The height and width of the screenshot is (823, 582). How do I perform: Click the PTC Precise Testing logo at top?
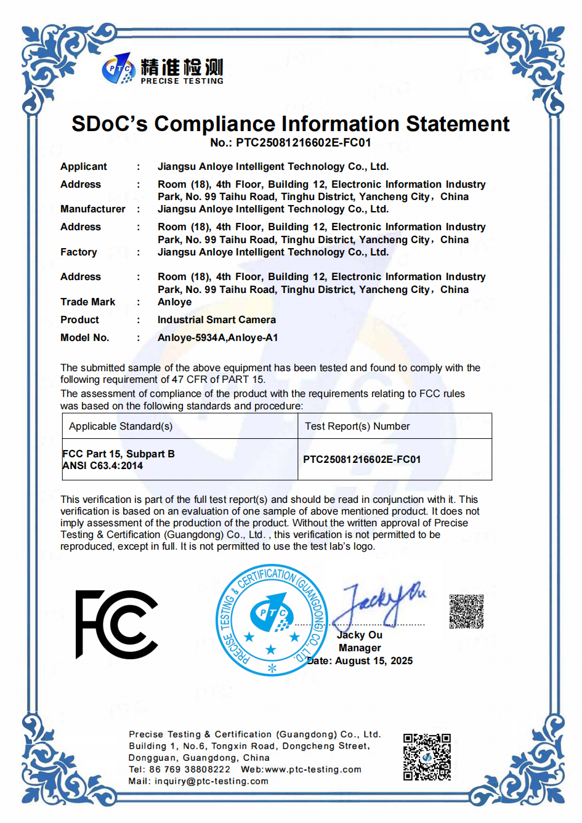coord(163,70)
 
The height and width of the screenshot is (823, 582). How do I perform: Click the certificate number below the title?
coord(290,143)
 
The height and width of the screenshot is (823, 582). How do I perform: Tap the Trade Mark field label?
coord(87,302)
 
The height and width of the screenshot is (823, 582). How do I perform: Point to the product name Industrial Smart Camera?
coord(216,319)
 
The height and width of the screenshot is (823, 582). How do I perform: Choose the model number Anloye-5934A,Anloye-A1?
coord(217,337)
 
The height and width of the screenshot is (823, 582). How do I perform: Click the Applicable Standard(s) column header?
coord(121,426)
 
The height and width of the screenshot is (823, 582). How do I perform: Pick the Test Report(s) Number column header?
coord(357,426)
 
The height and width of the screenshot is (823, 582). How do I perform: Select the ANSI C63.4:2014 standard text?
coord(103,466)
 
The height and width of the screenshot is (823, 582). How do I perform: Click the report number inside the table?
coord(362,459)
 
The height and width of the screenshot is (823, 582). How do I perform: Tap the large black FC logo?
coord(117,624)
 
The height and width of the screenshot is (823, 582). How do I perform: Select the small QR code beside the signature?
coord(466,611)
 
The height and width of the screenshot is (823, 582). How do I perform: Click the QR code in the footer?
coord(427,757)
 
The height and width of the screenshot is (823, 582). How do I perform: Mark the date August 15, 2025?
coord(374,660)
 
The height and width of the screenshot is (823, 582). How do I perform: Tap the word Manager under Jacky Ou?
coord(360,648)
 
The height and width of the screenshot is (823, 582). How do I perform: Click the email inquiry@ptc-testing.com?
coord(211,781)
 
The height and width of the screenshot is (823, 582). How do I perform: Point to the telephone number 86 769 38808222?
coord(190,769)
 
